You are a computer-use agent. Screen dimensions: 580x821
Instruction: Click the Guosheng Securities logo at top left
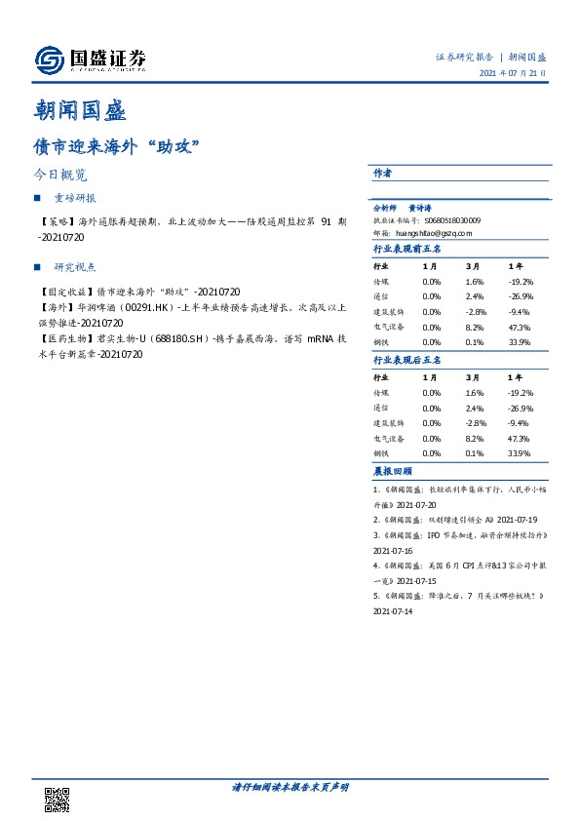[x=90, y=60]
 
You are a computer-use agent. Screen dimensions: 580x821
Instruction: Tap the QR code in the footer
[x=58, y=800]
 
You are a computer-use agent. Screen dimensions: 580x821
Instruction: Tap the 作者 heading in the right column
[x=382, y=173]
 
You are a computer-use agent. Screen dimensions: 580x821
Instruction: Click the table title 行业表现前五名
[x=407, y=249]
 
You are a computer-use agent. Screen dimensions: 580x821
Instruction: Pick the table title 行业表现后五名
[x=407, y=360]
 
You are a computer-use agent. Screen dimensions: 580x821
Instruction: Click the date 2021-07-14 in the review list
[x=394, y=611]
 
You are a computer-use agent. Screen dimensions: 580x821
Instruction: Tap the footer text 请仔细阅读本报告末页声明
[x=290, y=787]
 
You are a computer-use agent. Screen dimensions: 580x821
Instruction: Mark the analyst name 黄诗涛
[x=422, y=209]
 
